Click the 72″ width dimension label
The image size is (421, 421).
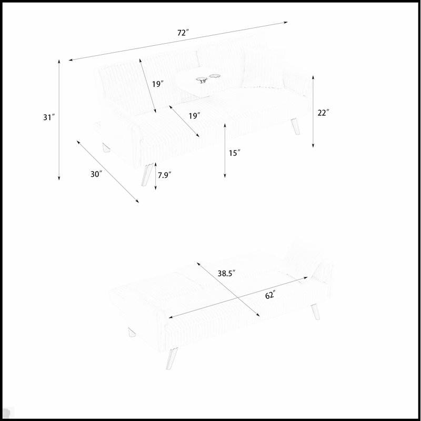click(x=183, y=33)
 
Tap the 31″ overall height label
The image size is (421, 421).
click(x=49, y=117)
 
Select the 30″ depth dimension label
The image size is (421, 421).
click(x=96, y=174)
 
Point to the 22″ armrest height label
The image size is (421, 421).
click(x=323, y=113)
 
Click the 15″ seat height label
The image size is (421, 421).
click(x=234, y=153)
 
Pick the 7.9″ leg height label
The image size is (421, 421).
click(x=164, y=175)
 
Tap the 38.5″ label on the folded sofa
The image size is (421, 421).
click(x=226, y=273)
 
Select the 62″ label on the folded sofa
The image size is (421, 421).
click(x=270, y=295)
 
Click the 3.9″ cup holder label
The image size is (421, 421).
click(x=203, y=82)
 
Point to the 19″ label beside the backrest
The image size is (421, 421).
click(x=158, y=84)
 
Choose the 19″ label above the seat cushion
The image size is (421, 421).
click(x=194, y=116)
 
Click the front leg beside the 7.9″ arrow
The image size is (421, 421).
click(x=147, y=174)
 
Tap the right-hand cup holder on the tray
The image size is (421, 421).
click(x=215, y=76)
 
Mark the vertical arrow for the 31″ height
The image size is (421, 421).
click(x=59, y=120)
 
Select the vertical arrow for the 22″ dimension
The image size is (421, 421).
click(x=313, y=112)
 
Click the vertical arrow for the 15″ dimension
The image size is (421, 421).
click(x=225, y=151)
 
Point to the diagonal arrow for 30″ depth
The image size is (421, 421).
click(x=108, y=172)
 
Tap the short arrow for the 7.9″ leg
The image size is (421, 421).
click(x=155, y=176)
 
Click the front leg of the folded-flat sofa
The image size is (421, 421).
click(x=172, y=358)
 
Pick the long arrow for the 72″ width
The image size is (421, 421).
click(x=178, y=41)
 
